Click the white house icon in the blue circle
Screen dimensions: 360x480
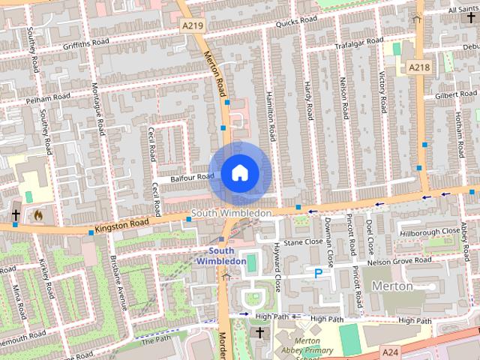tap(238, 172)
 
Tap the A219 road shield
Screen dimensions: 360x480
tap(193, 25)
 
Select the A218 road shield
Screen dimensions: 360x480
tap(419, 67)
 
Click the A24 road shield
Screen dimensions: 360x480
tap(390, 352)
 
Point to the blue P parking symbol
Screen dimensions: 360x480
tap(318, 274)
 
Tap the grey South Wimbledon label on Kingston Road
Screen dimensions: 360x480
tap(231, 214)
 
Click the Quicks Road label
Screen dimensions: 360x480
tap(296, 22)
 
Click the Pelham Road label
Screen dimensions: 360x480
tap(47, 97)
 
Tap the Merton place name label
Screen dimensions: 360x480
tap(392, 286)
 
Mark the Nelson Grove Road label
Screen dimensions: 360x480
tap(400, 261)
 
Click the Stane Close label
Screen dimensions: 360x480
tap(302, 242)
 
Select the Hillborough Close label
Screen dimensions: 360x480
tap(430, 232)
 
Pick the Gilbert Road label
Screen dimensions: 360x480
tap(455, 95)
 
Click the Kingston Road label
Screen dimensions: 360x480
tap(122, 224)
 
